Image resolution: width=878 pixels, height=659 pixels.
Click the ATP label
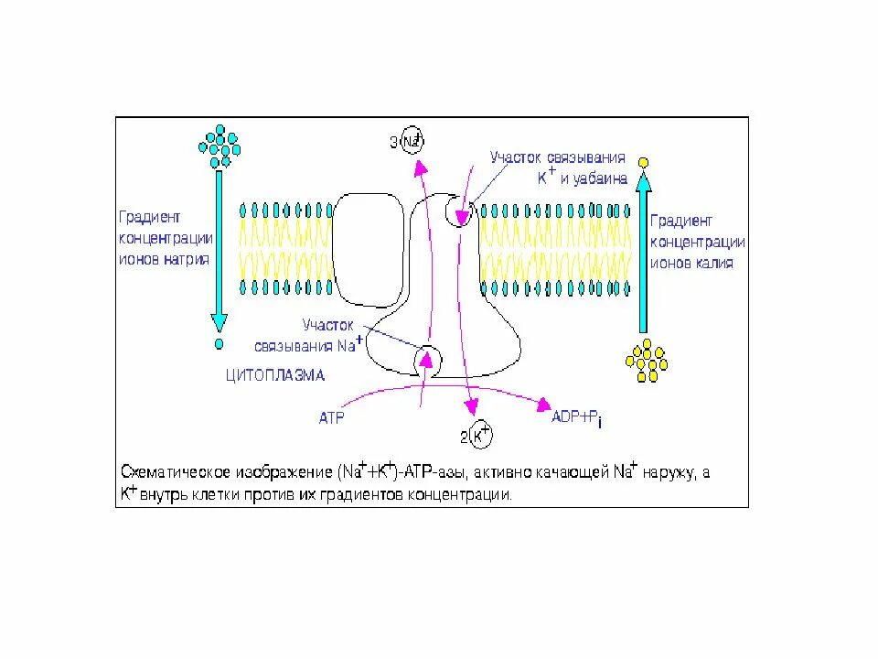click(330, 418)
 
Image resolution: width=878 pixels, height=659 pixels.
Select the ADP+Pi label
click(577, 418)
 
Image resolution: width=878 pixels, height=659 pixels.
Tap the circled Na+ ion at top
click(413, 141)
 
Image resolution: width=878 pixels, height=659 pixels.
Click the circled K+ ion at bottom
click(480, 436)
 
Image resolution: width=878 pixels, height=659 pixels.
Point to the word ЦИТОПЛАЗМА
click(275, 375)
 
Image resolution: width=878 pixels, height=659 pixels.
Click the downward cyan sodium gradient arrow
click(219, 247)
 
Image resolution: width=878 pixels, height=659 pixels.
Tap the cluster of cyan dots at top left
click(219, 145)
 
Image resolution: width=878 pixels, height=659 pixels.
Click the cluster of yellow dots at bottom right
click(647, 361)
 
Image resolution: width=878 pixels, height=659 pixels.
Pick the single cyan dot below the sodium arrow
click(219, 345)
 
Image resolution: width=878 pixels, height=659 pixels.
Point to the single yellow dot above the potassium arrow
click(643, 163)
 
